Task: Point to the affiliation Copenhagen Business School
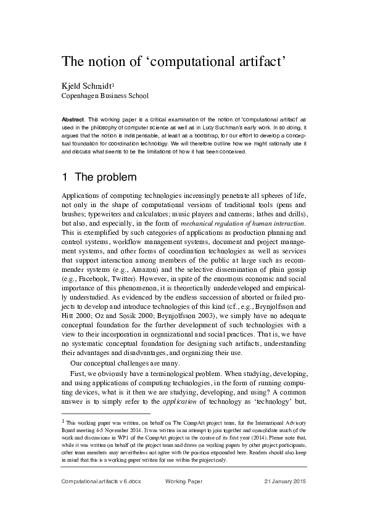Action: (105, 96)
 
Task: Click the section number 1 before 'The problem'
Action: (65, 178)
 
